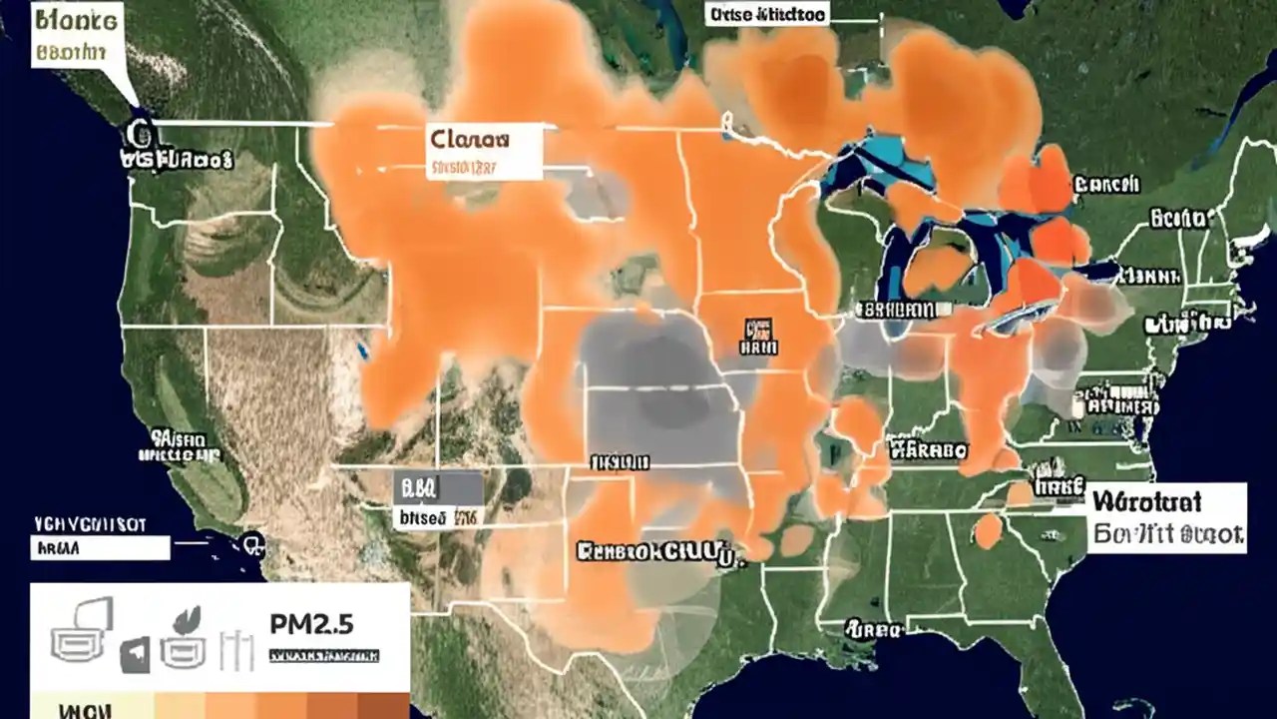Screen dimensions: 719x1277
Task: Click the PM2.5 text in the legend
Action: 311,624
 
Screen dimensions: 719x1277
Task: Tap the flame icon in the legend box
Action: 185,620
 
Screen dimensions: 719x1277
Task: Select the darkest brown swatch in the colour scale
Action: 384,705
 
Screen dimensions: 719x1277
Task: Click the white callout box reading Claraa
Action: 483,152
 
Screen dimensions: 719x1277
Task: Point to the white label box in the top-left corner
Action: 75,34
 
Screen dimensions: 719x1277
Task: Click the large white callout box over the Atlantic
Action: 1166,517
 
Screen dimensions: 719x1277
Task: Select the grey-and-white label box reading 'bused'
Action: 438,501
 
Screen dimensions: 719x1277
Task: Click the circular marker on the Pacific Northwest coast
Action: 137,134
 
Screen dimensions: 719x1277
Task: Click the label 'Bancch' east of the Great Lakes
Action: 1107,185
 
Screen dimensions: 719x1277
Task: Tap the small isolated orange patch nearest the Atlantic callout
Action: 988,530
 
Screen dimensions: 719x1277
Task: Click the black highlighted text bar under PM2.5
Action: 324,657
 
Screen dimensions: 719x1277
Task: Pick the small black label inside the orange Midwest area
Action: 757,338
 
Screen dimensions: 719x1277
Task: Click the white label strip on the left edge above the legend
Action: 99,546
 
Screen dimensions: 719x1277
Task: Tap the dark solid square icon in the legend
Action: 135,655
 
